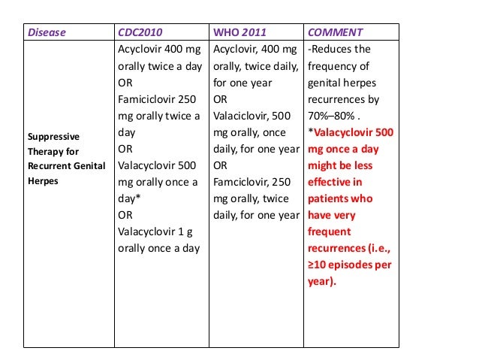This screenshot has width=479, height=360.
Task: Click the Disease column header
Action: (47, 32)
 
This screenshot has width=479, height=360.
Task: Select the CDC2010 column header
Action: (141, 32)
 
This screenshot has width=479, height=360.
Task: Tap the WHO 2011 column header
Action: (238, 32)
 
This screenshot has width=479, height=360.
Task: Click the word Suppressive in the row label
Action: (53, 138)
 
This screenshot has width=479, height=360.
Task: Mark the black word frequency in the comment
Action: (335, 66)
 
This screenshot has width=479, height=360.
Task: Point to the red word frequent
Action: (329, 231)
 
